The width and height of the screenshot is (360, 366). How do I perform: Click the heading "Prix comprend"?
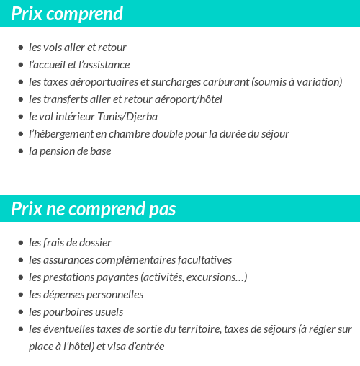[x=67, y=14]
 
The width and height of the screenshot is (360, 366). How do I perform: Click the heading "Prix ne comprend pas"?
[x=94, y=209]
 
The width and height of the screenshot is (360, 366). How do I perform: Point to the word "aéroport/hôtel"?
[x=189, y=99]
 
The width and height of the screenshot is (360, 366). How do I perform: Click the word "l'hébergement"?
[x=60, y=134]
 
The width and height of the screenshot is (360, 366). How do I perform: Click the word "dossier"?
[x=96, y=243]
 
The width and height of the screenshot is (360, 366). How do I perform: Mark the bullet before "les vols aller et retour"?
[x=21, y=48]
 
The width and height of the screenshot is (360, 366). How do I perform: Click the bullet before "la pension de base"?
[x=21, y=151]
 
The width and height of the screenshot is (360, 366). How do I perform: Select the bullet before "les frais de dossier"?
[x=21, y=243]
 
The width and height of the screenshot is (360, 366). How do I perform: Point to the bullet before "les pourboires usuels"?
[x=21, y=312]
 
